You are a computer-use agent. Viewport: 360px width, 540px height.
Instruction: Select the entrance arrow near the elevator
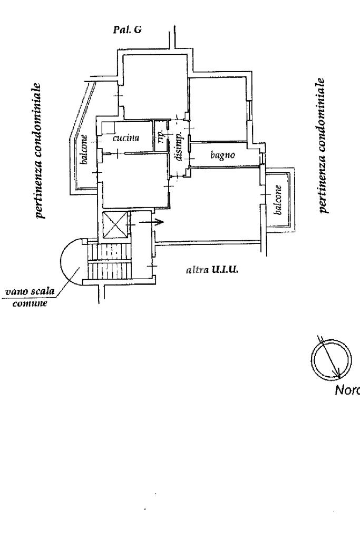pyautogui.click(x=157, y=222)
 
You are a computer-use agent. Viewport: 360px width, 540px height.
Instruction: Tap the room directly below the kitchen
pyautogui.click(x=134, y=179)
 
